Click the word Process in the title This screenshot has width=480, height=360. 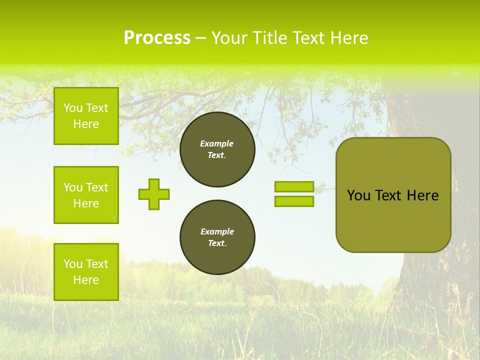click(157, 38)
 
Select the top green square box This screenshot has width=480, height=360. click(86, 116)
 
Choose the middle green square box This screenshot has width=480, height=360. click(86, 195)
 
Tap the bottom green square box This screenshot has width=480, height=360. click(86, 272)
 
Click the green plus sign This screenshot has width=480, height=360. click(154, 194)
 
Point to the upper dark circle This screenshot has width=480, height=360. click(217, 149)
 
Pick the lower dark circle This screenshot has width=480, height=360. click(217, 237)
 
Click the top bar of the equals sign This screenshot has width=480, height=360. click(294, 187)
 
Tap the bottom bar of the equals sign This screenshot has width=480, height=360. click(294, 201)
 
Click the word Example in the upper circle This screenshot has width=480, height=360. click(217, 143)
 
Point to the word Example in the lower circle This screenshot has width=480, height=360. click(217, 231)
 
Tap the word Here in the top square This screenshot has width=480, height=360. click(86, 124)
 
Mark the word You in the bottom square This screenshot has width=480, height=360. click(73, 264)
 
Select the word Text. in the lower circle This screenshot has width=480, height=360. click(217, 243)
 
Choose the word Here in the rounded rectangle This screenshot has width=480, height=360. click(422, 195)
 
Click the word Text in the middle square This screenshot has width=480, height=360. click(97, 187)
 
